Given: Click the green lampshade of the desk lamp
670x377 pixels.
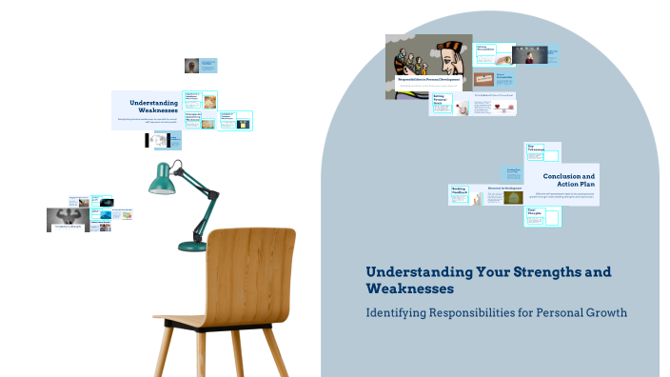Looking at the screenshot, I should [x=161, y=178].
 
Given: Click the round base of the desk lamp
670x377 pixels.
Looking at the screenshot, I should [x=193, y=247].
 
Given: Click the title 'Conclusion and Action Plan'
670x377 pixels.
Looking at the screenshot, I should [x=568, y=180].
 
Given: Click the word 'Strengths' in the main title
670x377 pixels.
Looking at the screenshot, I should [x=539, y=271].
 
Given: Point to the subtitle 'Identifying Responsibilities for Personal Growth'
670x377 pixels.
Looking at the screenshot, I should [x=497, y=312].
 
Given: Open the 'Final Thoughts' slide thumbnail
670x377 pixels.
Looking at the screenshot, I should [x=541, y=215].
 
